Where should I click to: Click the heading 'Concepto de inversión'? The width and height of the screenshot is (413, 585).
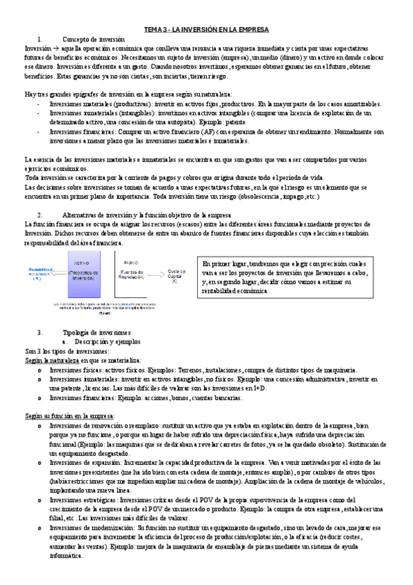93,40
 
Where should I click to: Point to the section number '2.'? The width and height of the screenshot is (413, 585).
40,215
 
